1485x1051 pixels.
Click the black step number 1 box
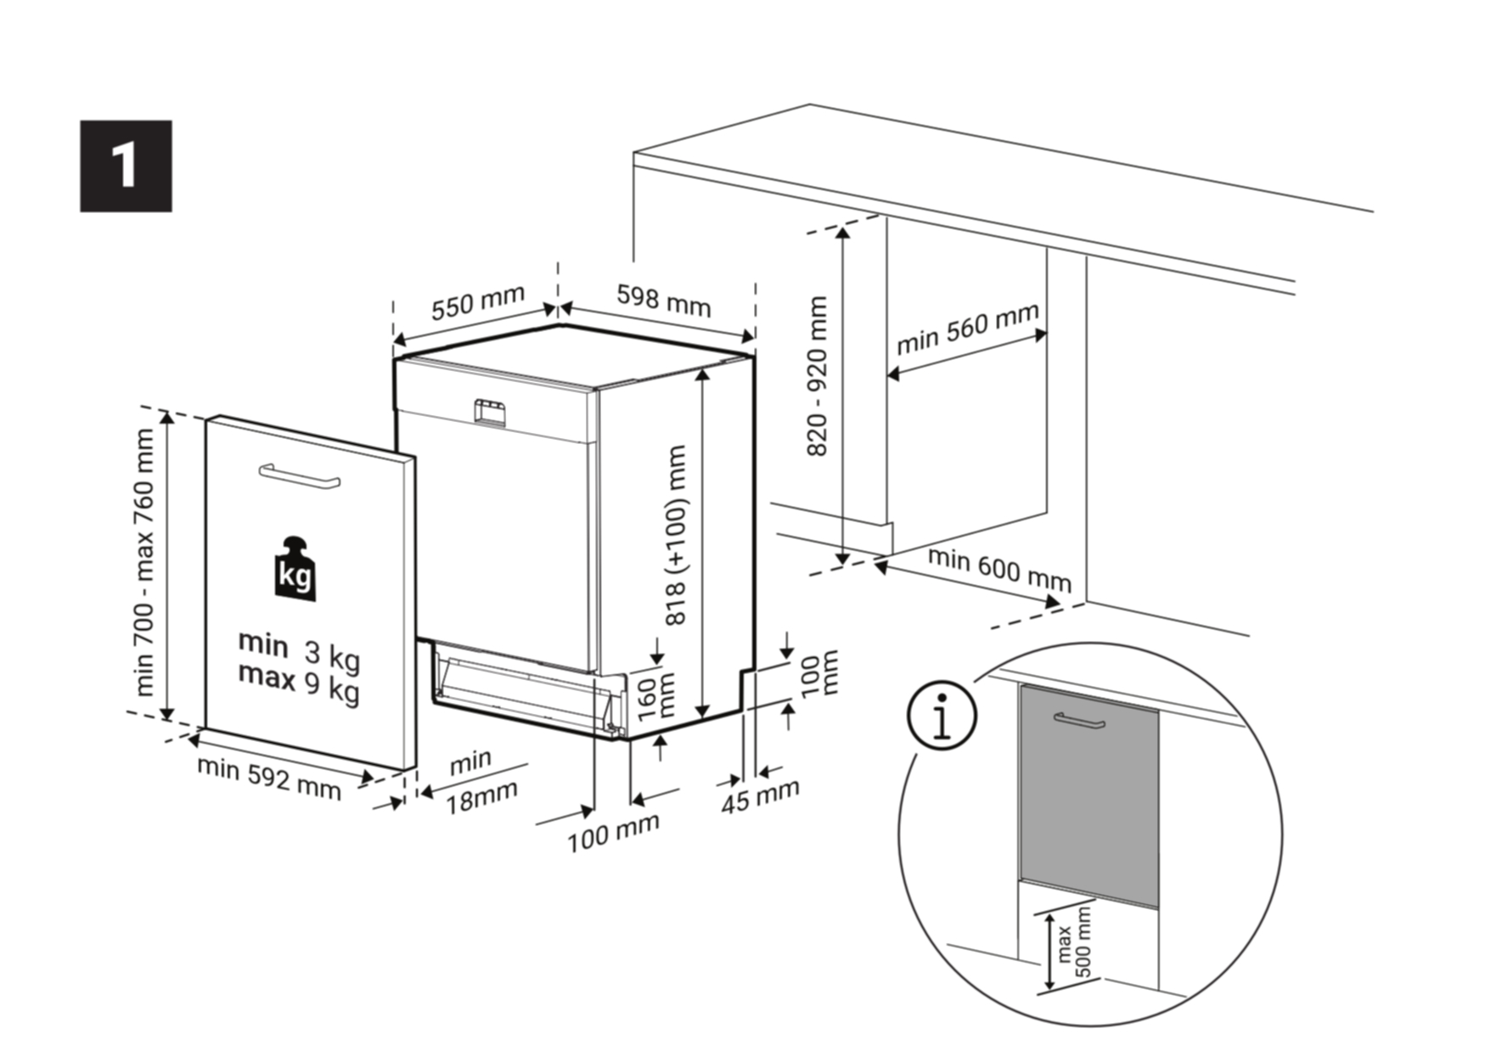coord(126,166)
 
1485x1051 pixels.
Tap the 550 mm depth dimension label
coord(478,303)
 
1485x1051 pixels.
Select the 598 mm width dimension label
coord(663,300)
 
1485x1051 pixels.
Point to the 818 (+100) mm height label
coord(676,536)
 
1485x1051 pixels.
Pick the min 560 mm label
coord(968,329)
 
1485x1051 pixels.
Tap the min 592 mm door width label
coord(269,778)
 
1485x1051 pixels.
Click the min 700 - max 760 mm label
coord(144,561)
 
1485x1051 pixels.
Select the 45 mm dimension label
coord(761,795)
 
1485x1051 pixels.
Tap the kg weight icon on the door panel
coord(295,569)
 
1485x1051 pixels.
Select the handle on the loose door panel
coord(300,475)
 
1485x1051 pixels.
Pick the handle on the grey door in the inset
coord(1079,721)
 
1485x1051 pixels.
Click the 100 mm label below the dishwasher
coord(613,833)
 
